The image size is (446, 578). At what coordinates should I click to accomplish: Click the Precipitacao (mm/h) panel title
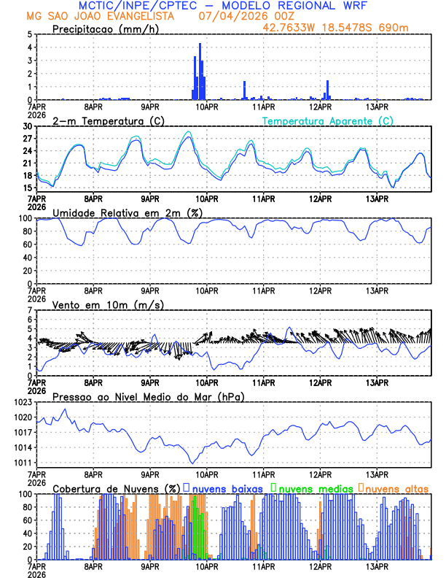[103, 28]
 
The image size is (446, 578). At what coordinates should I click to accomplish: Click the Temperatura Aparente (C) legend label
[328, 120]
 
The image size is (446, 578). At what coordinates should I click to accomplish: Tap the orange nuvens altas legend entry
[394, 488]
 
